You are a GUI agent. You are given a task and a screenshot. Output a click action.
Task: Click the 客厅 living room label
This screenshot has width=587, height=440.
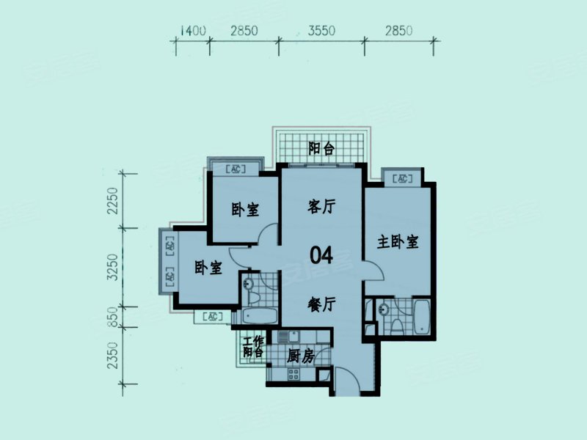tap(321, 207)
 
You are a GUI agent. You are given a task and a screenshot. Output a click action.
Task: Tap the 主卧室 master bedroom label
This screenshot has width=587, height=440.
tap(398, 242)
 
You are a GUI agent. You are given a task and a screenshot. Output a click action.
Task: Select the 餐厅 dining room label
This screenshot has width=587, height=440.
tap(321, 304)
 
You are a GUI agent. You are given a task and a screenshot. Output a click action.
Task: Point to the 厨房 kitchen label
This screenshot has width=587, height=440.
tap(300, 356)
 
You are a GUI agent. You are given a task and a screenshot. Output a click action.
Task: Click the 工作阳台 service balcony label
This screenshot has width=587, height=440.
tap(253, 346)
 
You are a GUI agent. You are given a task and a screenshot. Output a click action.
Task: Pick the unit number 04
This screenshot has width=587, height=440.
tap(321, 255)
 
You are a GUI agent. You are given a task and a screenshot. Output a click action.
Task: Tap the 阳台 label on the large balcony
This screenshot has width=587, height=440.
tap(321, 149)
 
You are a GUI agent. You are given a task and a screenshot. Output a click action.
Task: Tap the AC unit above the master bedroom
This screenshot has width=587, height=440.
tap(401, 178)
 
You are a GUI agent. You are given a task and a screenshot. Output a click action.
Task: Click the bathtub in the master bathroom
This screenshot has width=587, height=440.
tap(421, 317)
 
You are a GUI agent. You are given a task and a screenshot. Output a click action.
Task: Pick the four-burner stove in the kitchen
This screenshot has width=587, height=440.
tap(292, 374)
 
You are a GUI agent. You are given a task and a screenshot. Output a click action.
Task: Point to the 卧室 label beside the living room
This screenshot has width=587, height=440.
tap(245, 210)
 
